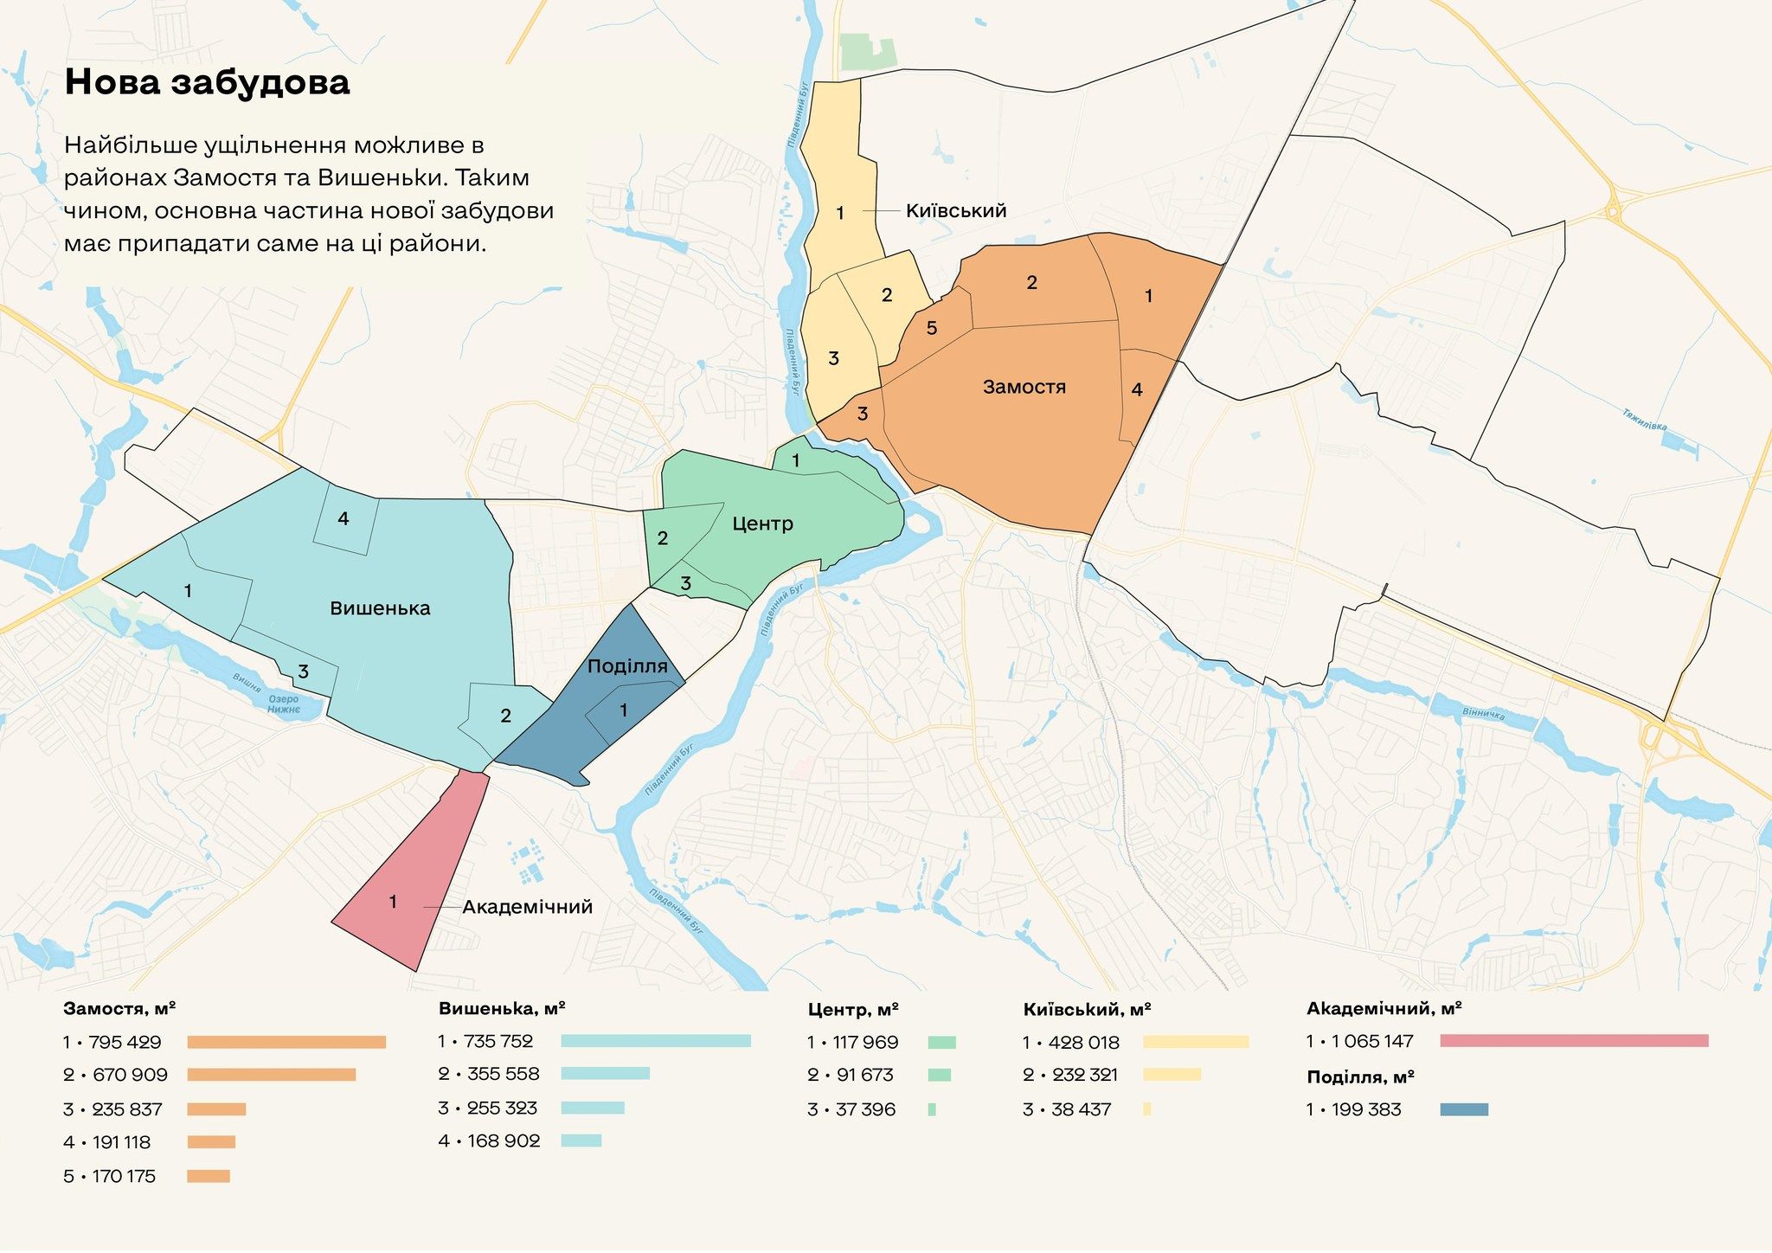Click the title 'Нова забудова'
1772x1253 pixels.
[207, 82]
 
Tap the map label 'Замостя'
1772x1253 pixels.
[1024, 387]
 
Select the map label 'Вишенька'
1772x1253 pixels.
[380, 608]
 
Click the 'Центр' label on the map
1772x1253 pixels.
[761, 524]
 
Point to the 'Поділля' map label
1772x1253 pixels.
[626, 666]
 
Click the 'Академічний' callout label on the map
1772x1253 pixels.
[527, 907]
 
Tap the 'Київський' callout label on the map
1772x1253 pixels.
[955, 211]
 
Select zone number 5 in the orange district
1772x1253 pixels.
[931, 329]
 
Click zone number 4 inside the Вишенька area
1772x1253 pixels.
[343, 519]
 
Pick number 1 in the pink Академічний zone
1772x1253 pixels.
[393, 903]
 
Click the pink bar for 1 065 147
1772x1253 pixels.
[1574, 1041]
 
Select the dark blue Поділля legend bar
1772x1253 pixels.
[1464, 1109]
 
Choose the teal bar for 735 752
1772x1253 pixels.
[655, 1041]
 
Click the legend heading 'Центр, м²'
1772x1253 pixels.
[852, 1010]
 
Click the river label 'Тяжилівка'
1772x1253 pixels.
[1644, 420]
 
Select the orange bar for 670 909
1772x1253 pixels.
[271, 1075]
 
